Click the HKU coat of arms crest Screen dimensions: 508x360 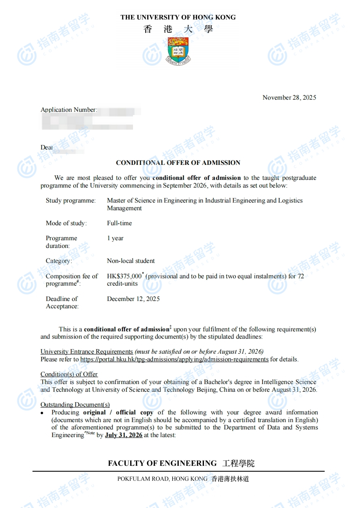[178, 50]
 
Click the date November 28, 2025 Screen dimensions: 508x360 [289, 98]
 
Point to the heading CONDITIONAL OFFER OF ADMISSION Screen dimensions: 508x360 [178, 163]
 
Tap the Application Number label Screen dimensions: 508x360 [69, 110]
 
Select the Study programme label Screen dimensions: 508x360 [71, 201]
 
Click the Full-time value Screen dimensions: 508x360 [119, 223]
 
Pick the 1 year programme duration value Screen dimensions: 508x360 [115, 238]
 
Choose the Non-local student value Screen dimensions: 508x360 [131, 261]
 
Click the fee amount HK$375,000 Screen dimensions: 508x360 [124, 276]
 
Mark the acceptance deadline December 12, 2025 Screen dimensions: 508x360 [133, 299]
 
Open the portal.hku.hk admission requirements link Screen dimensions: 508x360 [174, 359]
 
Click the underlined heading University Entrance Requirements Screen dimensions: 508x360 [87, 352]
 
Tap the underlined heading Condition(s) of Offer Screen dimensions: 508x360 [69, 374]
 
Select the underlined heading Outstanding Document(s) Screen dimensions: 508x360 [75, 405]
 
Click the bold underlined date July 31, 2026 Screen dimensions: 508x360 [124, 435]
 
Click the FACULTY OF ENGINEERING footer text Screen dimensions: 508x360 [162, 463]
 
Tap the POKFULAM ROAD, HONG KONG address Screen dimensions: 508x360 [162, 479]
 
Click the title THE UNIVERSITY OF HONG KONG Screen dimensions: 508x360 [178, 17]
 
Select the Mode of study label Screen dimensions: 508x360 [66, 223]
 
